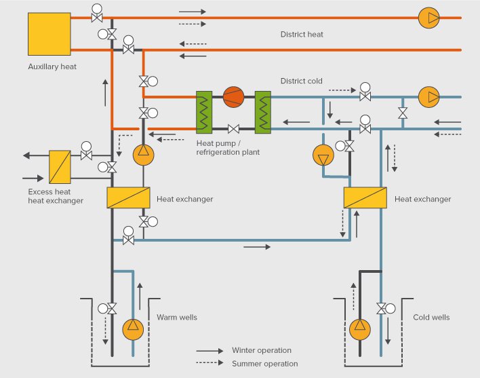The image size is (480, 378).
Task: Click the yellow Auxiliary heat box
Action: (49, 33)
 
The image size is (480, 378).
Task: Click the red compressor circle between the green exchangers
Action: (233, 97)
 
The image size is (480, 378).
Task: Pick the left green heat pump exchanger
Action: (205, 111)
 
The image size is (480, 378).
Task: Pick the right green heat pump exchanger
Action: (263, 111)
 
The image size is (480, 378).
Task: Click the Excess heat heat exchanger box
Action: (60, 167)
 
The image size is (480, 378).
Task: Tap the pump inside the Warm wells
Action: (134, 329)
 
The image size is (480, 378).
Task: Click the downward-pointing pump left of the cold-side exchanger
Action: (323, 156)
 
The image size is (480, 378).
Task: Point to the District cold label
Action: (302, 81)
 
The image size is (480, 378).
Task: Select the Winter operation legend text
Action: (261, 351)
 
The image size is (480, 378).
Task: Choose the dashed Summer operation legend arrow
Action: (210, 364)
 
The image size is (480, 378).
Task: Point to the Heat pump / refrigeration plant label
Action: (228, 148)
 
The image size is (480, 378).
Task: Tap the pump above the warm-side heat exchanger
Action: (143, 155)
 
